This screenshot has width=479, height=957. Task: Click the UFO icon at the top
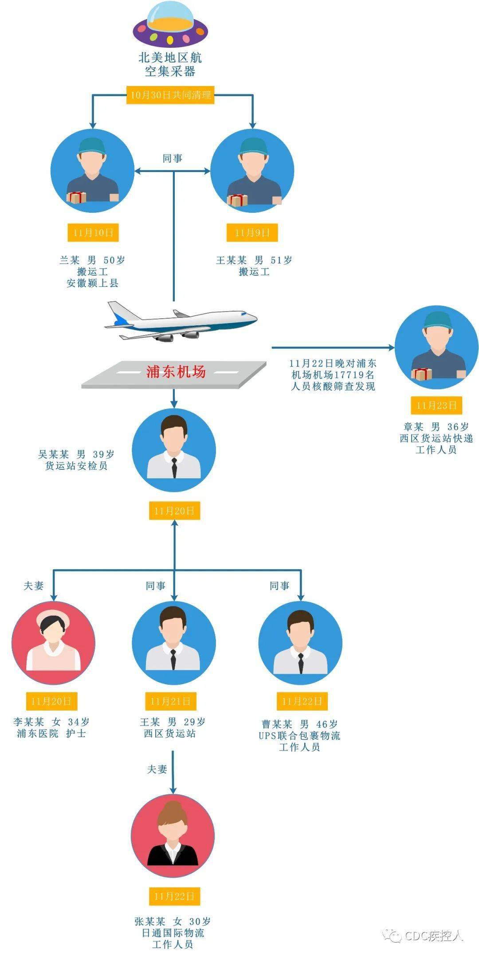(x=170, y=24)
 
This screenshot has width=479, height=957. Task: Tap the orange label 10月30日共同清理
(x=170, y=95)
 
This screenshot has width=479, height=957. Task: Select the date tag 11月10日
(x=93, y=233)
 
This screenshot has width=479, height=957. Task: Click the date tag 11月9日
(x=252, y=233)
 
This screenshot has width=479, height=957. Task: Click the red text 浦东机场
(x=176, y=371)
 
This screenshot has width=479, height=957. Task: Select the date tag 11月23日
(x=436, y=405)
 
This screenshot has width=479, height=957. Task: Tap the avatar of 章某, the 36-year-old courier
(x=436, y=347)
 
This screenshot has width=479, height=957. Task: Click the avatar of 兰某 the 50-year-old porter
(x=92, y=171)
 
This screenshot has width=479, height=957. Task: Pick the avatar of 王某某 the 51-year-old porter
(x=252, y=171)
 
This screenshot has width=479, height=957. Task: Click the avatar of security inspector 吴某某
(x=174, y=449)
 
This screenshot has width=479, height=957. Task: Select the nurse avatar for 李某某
(x=53, y=642)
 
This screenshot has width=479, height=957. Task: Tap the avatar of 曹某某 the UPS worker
(x=300, y=642)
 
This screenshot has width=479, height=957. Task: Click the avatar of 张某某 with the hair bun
(x=173, y=836)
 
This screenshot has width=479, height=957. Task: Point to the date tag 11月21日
(x=170, y=701)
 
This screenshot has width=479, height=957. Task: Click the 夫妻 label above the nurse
(x=34, y=586)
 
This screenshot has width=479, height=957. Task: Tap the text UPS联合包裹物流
(x=299, y=736)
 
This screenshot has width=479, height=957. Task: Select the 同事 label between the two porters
(x=172, y=158)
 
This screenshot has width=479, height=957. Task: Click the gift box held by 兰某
(x=77, y=197)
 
